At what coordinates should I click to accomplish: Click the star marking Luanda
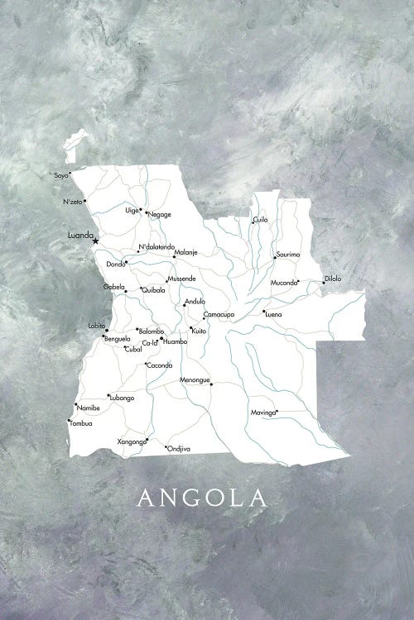click(95, 241)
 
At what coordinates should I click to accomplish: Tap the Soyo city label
click(60, 175)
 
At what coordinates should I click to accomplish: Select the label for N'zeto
click(72, 202)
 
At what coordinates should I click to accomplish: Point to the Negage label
click(160, 214)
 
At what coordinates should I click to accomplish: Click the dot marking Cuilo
click(253, 222)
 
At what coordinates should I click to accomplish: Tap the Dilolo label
click(333, 279)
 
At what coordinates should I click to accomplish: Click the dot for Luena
click(262, 312)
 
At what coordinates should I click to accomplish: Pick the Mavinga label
click(262, 412)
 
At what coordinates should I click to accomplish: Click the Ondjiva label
click(179, 448)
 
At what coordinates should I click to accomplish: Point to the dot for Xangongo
click(147, 439)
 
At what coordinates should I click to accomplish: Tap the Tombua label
click(81, 424)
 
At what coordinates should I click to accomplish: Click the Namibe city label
click(88, 408)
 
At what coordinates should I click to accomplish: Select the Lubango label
click(121, 398)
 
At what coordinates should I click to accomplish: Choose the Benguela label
click(117, 339)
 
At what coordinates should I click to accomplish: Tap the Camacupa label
click(219, 315)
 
